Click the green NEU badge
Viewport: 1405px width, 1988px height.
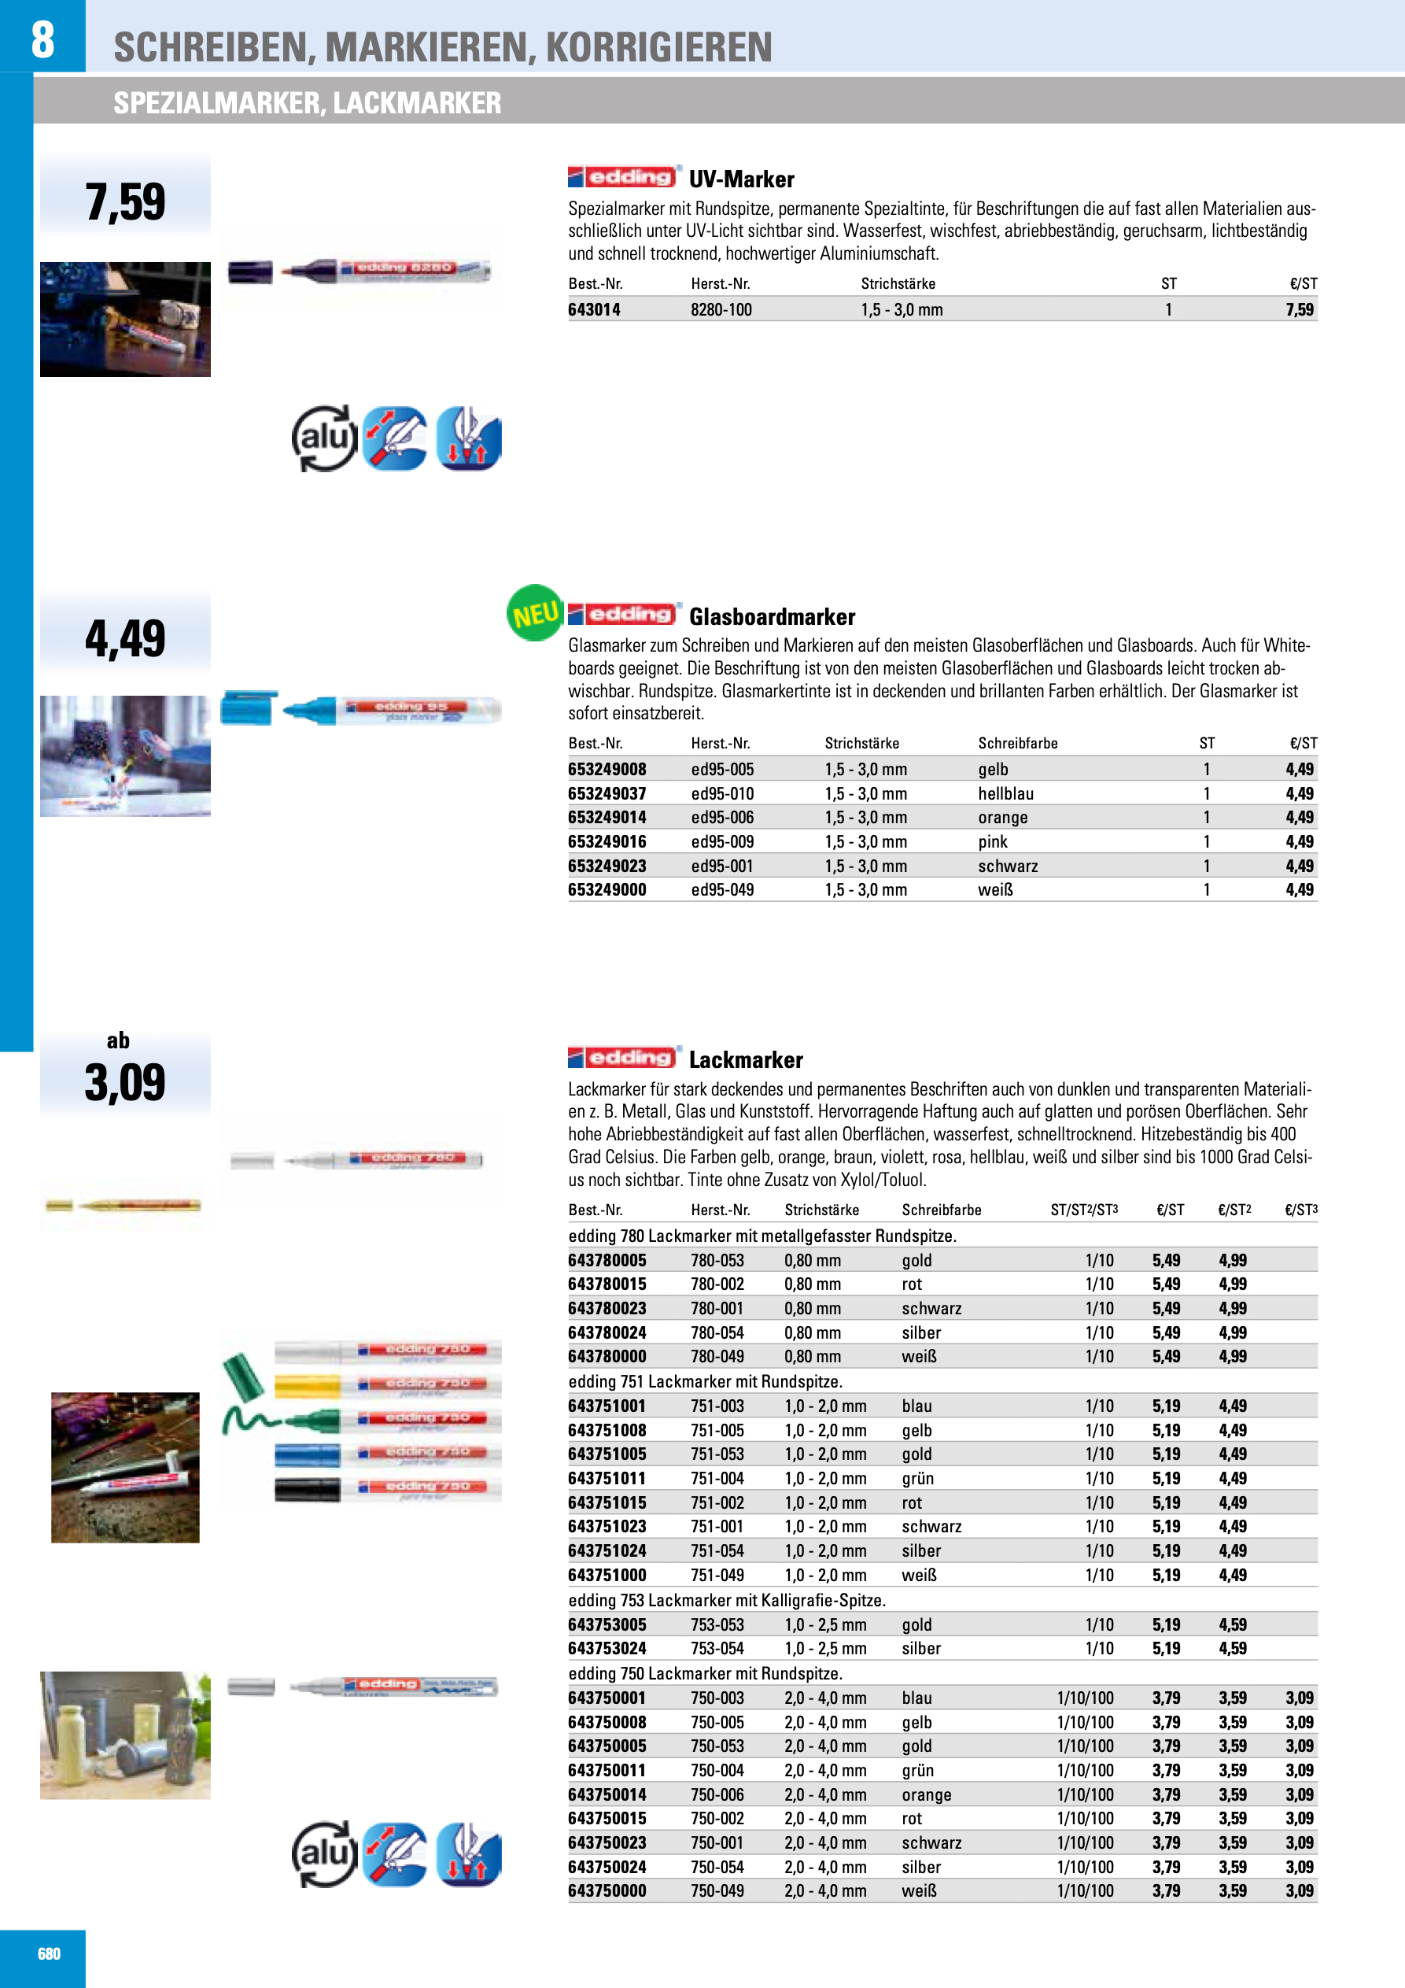pos(534,613)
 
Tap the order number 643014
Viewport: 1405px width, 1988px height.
pos(594,310)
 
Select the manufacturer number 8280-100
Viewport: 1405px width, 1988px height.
pos(721,310)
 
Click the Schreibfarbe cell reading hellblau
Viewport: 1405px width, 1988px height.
pos(1005,794)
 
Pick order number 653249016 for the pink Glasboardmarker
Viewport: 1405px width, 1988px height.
pos(607,841)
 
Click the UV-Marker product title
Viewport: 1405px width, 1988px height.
pos(741,179)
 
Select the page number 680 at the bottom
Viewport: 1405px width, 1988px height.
pos(50,1953)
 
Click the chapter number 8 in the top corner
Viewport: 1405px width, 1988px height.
pos(42,39)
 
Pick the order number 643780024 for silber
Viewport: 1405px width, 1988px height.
pos(607,1332)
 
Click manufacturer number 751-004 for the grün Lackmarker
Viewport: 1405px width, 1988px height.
pos(716,1479)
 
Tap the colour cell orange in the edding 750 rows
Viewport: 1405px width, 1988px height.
pos(926,1795)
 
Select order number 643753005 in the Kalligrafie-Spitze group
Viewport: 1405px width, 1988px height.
pos(607,1625)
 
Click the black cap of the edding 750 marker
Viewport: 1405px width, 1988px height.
pos(308,1490)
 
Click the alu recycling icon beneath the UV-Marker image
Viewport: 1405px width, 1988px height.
pos(325,439)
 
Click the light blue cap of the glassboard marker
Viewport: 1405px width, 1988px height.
pos(249,708)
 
